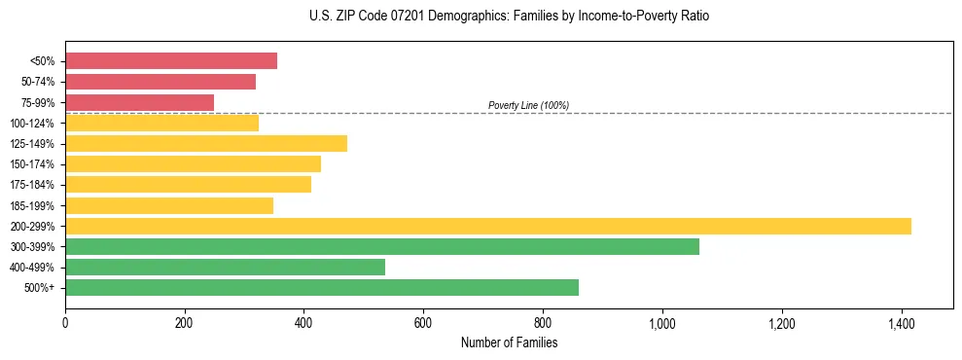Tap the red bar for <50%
171,61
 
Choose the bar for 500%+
322,288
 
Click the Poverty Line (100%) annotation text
528,105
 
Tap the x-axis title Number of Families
509,342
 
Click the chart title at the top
509,17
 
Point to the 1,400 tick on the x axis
902,323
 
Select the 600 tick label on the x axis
423,323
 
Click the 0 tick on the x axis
65,323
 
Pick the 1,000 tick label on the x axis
662,323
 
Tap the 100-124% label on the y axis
33,124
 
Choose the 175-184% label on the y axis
33,185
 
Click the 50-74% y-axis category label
37,82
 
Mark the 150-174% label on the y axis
33,164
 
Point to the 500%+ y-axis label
40,288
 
